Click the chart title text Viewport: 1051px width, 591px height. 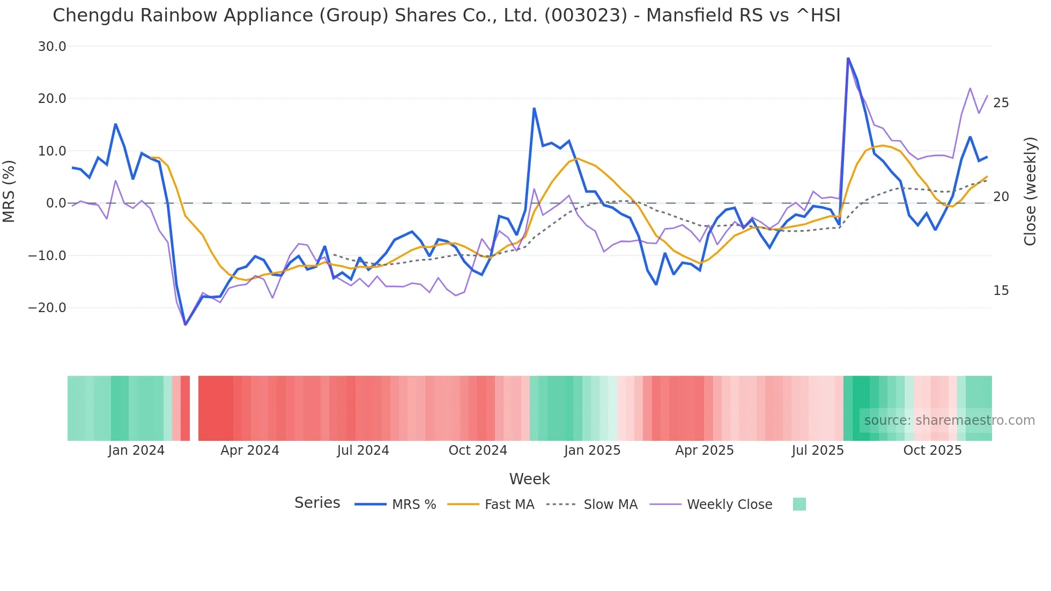pos(446,16)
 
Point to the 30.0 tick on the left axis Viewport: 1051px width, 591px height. pos(52,47)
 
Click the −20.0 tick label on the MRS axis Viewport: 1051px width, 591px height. pos(47,308)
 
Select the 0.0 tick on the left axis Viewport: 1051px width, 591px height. pos(56,203)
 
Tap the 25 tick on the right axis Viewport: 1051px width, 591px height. pos(1001,103)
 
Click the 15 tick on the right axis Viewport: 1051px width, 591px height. pos(1001,291)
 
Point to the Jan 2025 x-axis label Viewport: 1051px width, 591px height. pos(592,450)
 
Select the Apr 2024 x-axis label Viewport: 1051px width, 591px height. pos(250,450)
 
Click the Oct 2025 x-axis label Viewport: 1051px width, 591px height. pos(932,450)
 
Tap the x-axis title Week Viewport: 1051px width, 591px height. pos(529,479)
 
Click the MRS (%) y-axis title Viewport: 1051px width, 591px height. pos(9,191)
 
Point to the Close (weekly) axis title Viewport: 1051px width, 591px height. pos(1030,191)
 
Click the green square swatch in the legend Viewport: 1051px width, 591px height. pos(799,504)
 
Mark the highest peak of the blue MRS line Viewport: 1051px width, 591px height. pos(848,58)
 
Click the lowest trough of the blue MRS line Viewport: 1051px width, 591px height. pos(185,324)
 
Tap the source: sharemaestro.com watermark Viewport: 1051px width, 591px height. pos(949,420)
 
